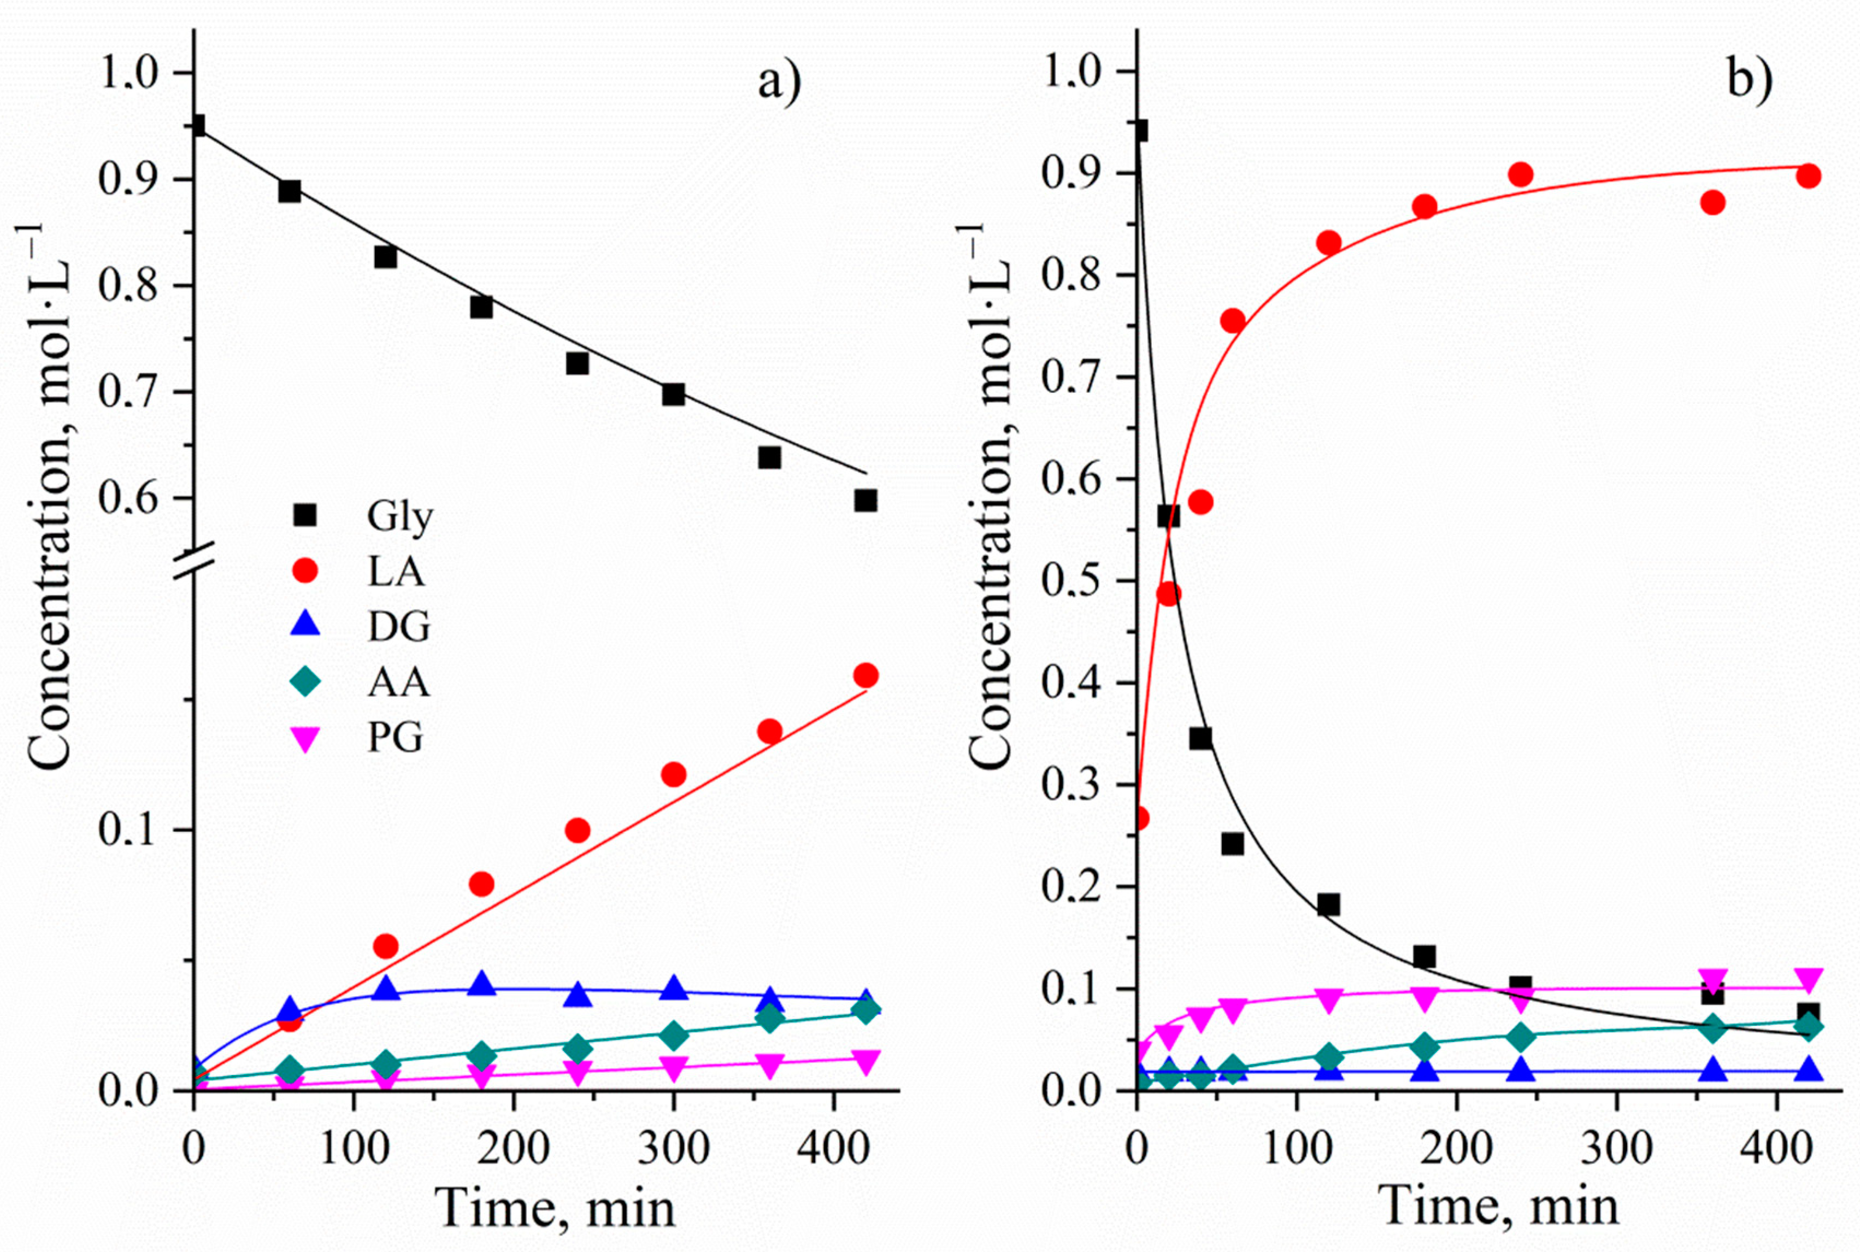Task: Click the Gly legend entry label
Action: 399,518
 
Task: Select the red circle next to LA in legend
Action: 306,571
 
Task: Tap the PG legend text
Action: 395,737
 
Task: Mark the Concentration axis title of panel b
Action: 990,495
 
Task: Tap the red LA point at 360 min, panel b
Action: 1712,203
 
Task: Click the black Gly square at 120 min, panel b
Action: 1328,904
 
